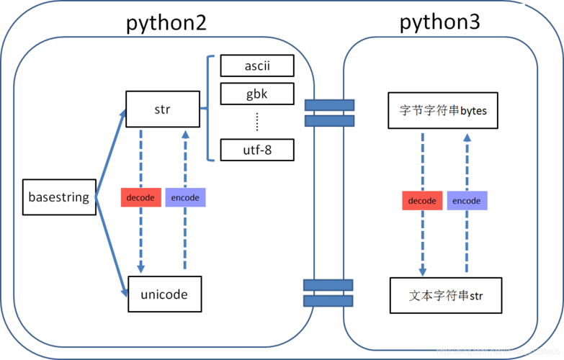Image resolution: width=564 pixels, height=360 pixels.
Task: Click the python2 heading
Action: [x=166, y=23]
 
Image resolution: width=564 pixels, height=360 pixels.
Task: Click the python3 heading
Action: [x=439, y=22]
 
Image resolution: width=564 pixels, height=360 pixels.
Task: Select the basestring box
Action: [x=58, y=197]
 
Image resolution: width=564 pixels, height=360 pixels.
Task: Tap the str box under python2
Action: [x=163, y=109]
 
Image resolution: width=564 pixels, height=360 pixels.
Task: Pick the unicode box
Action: [x=164, y=294]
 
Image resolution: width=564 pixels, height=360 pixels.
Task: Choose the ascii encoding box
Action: [x=257, y=66]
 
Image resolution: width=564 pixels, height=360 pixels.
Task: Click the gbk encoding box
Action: [x=257, y=94]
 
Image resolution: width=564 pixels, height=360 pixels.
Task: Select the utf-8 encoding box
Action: [x=257, y=150]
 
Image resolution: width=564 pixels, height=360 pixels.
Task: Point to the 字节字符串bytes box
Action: [x=443, y=111]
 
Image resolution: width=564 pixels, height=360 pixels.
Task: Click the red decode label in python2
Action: [x=140, y=197]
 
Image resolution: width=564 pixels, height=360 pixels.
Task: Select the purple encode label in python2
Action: [x=185, y=197]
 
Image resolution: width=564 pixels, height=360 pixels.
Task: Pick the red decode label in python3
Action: [x=422, y=201]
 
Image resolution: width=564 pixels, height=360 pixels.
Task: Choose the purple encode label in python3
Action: [x=467, y=201]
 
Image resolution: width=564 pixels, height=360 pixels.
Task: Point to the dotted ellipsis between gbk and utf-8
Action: [x=257, y=122]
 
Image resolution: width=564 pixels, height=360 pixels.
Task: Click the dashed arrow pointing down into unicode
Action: [x=140, y=238]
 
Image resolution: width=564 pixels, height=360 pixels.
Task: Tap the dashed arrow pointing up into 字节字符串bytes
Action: [x=467, y=166]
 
